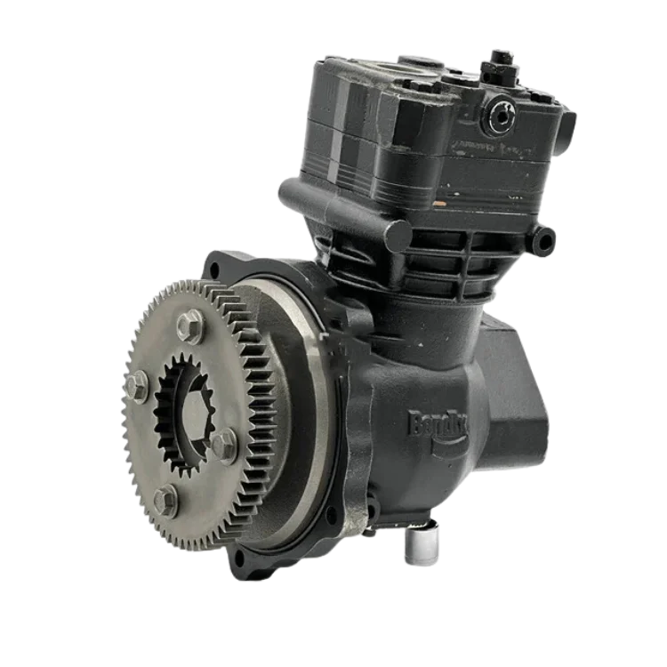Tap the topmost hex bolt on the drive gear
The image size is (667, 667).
tap(189, 325)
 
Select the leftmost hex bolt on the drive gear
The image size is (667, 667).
tap(136, 385)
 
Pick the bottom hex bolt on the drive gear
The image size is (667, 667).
tap(165, 500)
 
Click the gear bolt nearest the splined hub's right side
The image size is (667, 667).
tap(223, 445)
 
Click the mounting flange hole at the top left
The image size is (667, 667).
tap(217, 264)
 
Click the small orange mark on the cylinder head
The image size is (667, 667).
tap(438, 203)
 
